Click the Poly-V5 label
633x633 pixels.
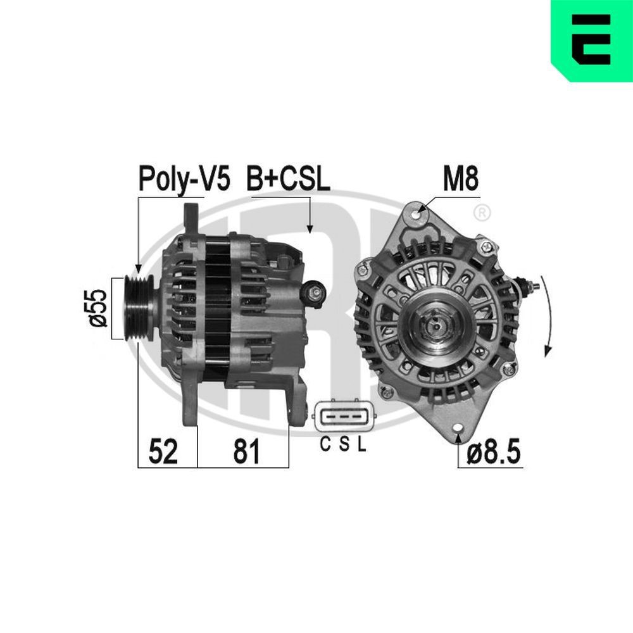point(184,180)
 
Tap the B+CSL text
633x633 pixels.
point(288,180)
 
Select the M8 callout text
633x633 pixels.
point(461,180)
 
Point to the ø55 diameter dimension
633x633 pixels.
point(98,308)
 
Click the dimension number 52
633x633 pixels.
point(163,452)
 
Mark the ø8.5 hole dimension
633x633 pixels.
point(494,452)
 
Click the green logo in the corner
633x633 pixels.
point(592,41)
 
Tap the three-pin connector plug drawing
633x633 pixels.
point(341,417)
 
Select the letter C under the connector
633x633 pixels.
point(325,445)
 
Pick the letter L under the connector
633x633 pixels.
point(361,445)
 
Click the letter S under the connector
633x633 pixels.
point(343,445)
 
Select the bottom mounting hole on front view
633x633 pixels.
point(457,429)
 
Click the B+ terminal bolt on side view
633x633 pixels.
point(315,292)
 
